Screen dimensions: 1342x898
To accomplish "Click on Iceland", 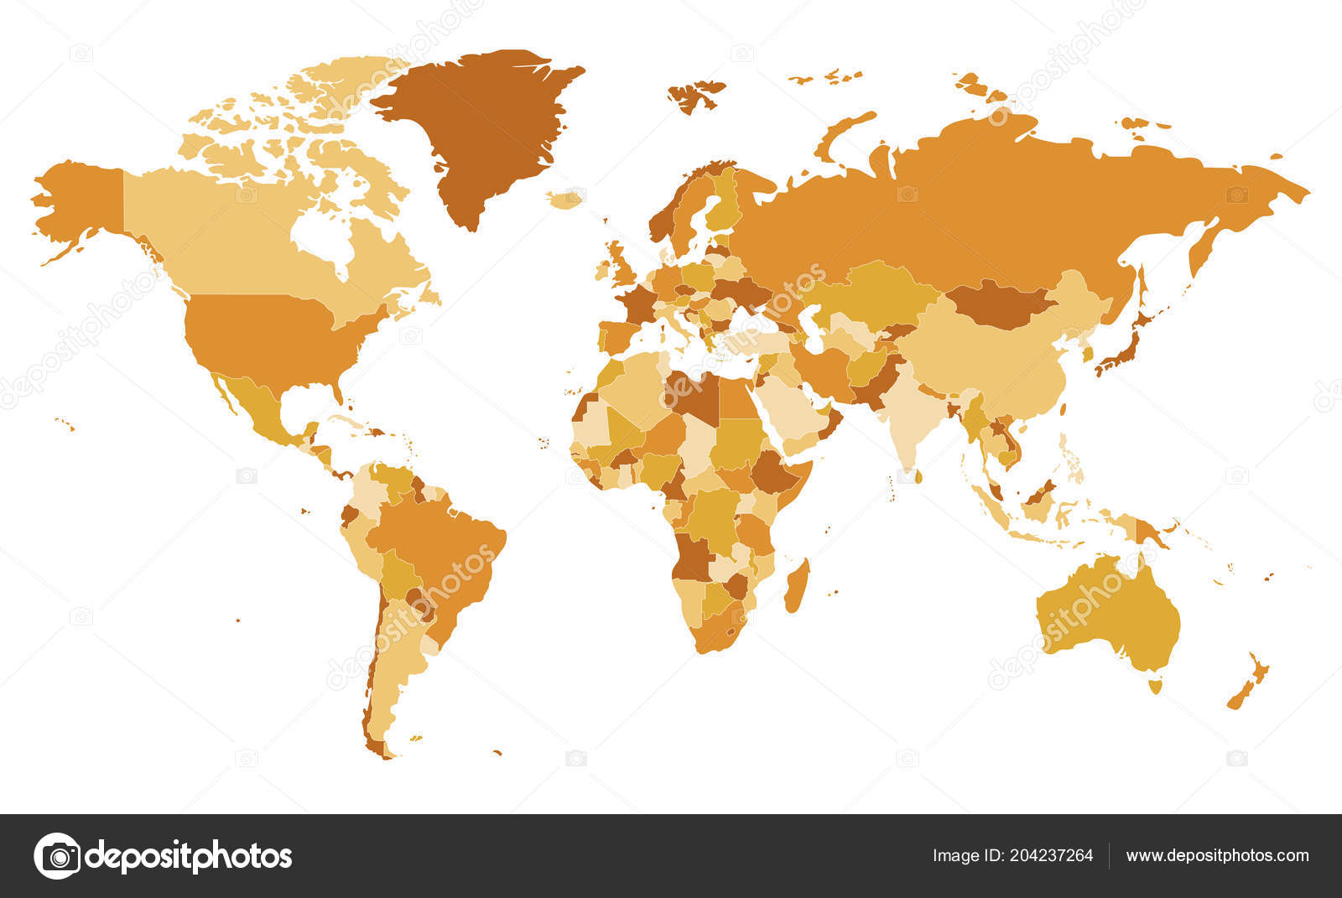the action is tap(565, 200).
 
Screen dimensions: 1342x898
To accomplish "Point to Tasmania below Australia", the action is tap(1156, 687).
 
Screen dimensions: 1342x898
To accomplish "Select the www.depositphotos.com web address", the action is tap(1217, 856).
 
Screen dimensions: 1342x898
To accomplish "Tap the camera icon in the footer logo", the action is tap(57, 856).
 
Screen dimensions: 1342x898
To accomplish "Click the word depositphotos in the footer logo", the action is tap(189, 857).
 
